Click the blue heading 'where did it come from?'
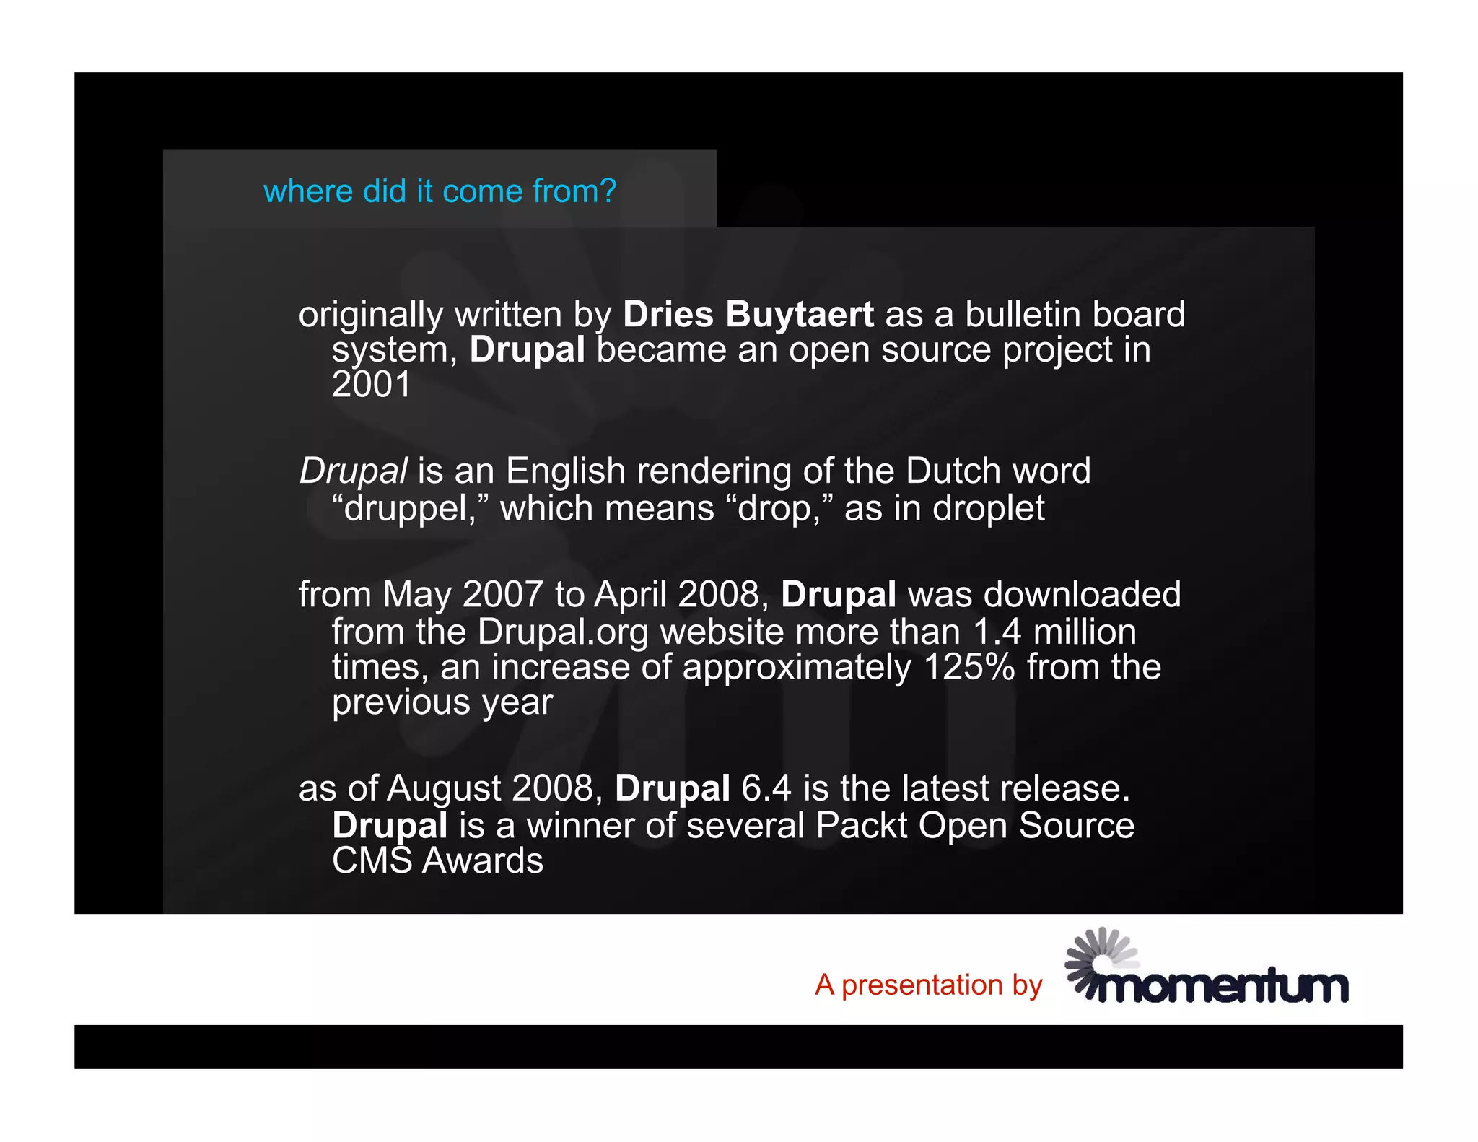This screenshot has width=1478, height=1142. (x=440, y=191)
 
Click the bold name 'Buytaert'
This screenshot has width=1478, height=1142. (x=800, y=315)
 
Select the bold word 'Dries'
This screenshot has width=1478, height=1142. (x=668, y=315)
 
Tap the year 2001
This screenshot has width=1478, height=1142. (x=371, y=384)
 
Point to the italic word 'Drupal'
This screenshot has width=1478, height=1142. (x=354, y=471)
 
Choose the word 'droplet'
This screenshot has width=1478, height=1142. (x=988, y=508)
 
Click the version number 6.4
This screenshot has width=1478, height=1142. (x=766, y=788)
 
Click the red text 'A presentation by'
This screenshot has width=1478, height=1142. (x=929, y=985)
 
